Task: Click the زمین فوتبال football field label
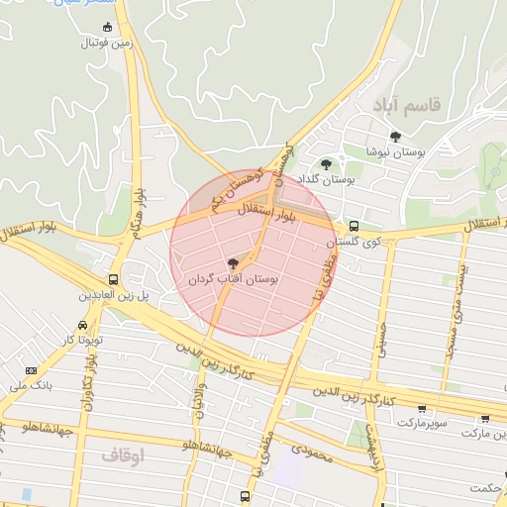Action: pos(108,43)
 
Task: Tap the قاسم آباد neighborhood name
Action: pos(407,103)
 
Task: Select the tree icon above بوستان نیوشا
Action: pos(395,136)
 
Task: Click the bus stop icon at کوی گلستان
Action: pos(354,226)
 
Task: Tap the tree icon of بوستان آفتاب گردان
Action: pos(233,263)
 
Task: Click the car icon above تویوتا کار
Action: pos(82,324)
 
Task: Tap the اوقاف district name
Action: pos(123,455)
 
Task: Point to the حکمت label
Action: pos(487,487)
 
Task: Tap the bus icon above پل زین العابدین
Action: pos(114,279)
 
